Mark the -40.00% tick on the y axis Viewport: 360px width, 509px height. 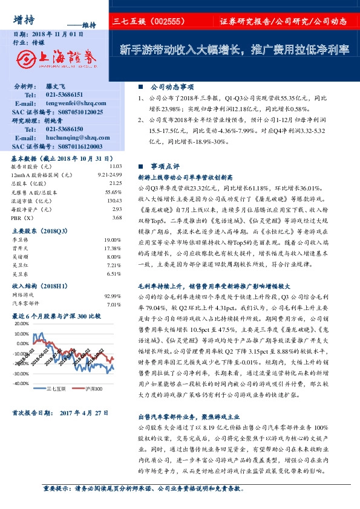tap(20, 383)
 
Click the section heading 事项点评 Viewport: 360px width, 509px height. tap(165, 165)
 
